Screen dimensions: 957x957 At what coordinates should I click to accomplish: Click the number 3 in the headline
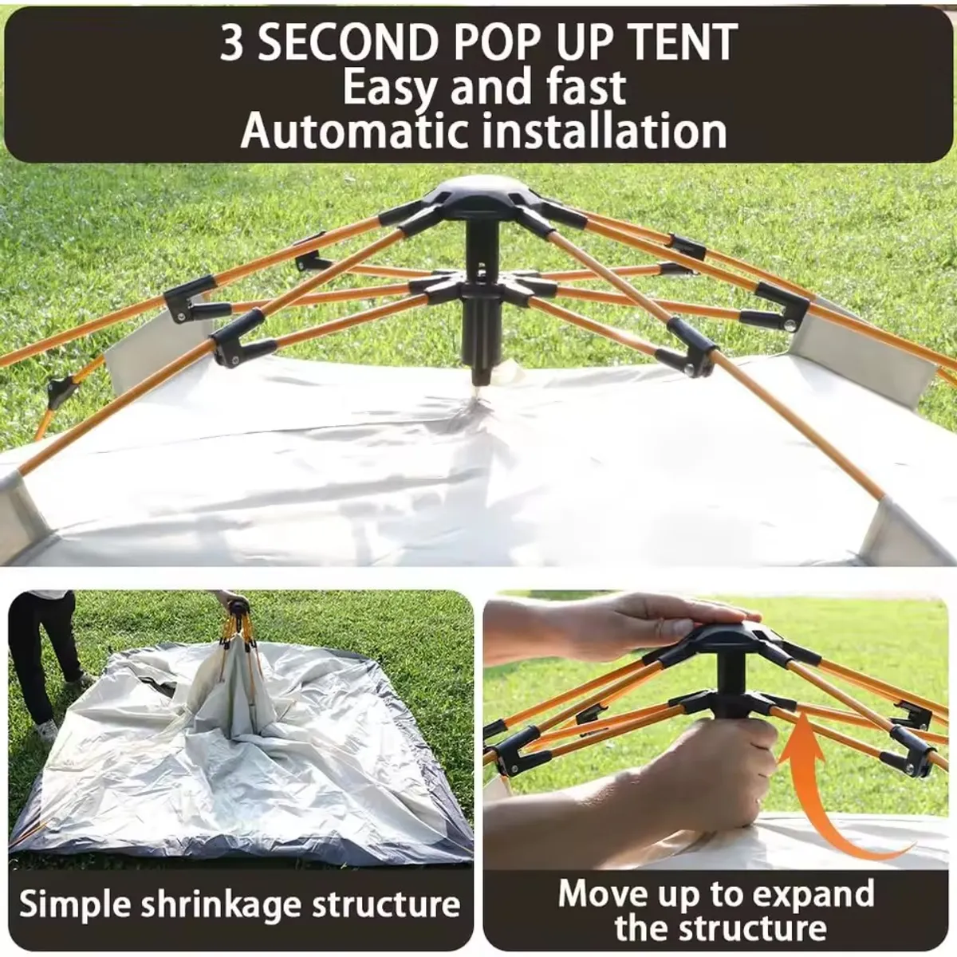tap(232, 44)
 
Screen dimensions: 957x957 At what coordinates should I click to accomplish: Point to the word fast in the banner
tap(586, 88)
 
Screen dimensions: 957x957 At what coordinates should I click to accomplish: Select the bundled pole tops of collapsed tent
tap(237, 618)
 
